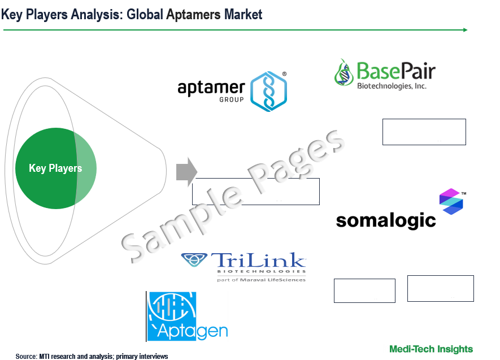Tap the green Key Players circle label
(55, 168)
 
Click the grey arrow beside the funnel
(186, 172)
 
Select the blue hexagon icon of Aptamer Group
(268, 91)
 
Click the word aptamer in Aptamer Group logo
(211, 88)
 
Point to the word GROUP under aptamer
(232, 99)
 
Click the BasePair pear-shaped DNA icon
(344, 72)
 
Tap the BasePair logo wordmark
(395, 71)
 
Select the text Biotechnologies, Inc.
(392, 86)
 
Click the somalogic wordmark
(386, 220)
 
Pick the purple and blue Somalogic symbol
(451, 201)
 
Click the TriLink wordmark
(258, 260)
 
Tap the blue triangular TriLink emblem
(194, 259)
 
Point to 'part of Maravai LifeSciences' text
(261, 280)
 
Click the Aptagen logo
(187, 316)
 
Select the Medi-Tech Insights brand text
(431, 349)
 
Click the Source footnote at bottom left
(92, 356)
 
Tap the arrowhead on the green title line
(466, 30)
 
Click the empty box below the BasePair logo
(424, 132)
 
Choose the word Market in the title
(244, 15)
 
